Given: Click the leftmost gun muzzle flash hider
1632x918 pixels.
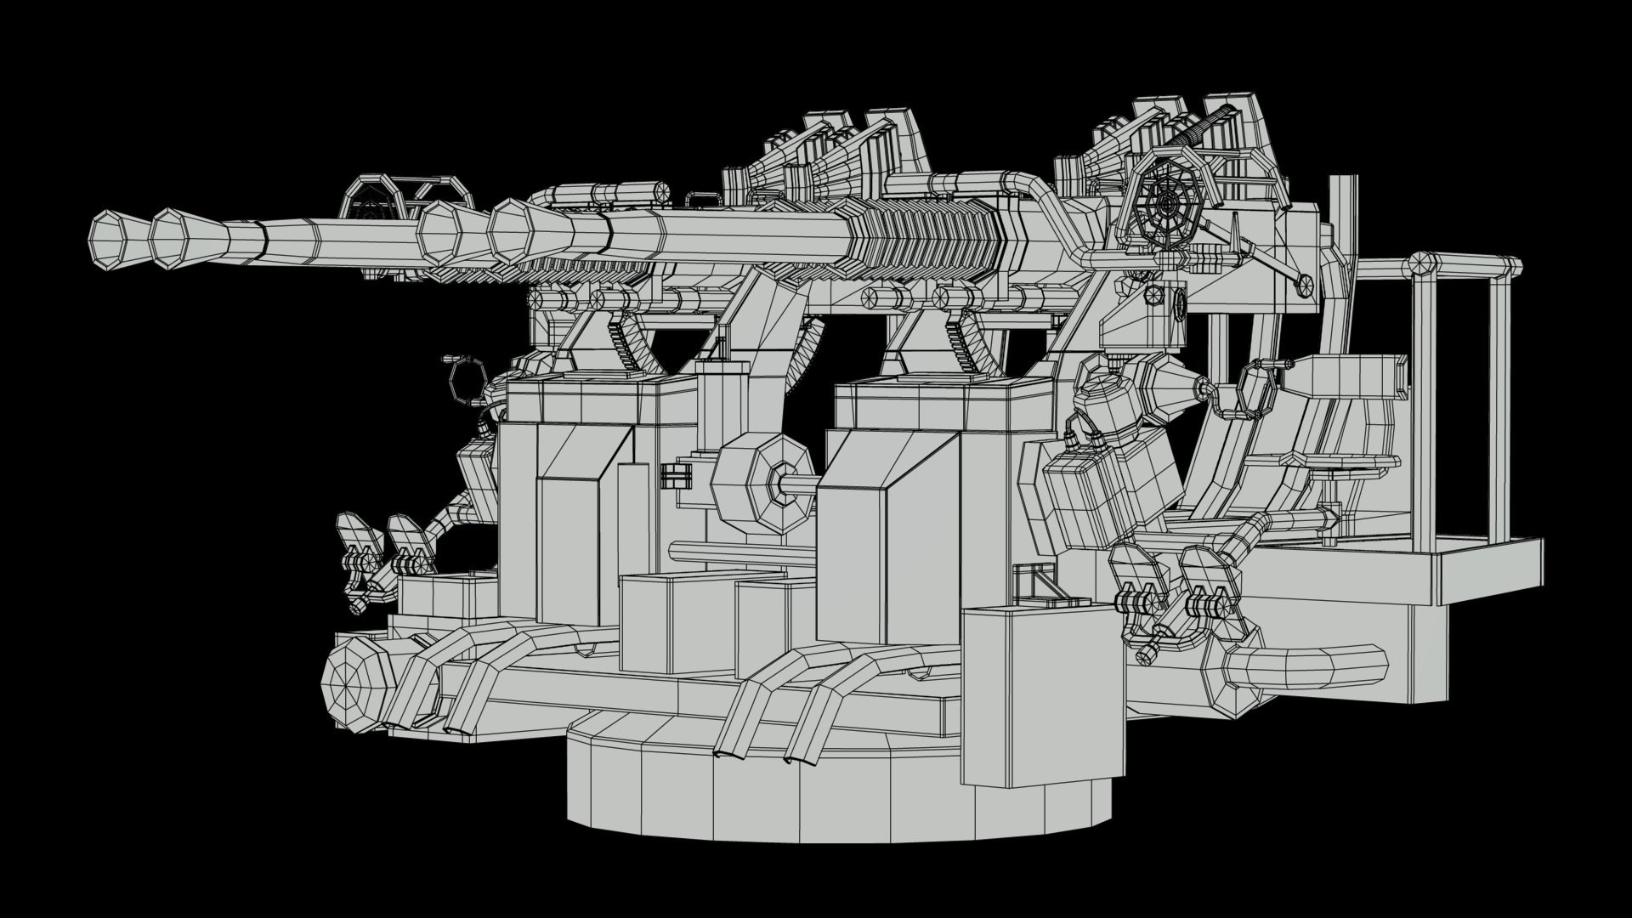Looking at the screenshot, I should tap(110, 241).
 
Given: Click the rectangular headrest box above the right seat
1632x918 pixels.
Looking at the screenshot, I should tap(1351, 375).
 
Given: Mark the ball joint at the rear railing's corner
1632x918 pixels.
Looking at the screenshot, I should tap(1423, 263).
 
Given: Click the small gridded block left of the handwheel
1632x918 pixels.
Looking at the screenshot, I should tap(677, 476).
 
